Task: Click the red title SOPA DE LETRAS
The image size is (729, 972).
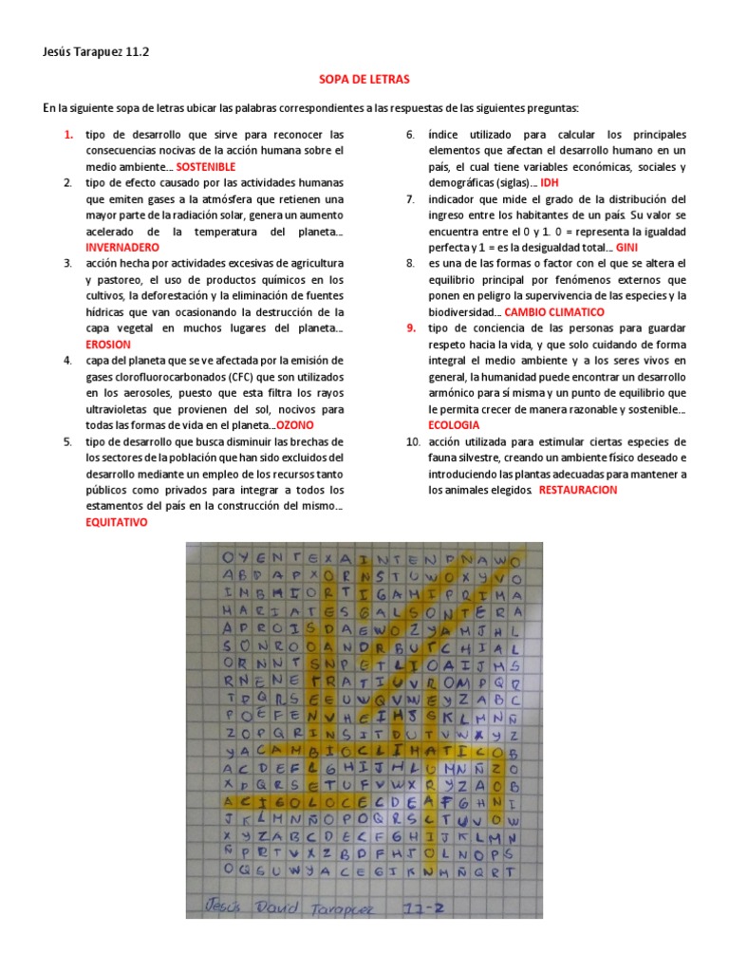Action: click(x=364, y=81)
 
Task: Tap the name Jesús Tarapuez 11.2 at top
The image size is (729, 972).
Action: click(x=95, y=54)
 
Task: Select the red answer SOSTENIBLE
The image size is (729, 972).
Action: click(x=207, y=166)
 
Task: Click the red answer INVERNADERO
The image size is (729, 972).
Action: click(x=122, y=247)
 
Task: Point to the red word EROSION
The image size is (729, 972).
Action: click(x=108, y=345)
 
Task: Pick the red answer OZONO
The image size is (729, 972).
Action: click(x=295, y=425)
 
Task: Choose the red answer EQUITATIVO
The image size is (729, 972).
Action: click(x=117, y=522)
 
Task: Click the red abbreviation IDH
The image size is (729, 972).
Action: click(x=550, y=182)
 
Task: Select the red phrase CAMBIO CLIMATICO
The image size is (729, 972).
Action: click(x=553, y=311)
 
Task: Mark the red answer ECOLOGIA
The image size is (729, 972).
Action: click(x=454, y=425)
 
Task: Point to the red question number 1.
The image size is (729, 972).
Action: click(x=68, y=135)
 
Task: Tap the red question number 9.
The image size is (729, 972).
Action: click(x=411, y=328)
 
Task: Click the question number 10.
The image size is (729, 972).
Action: click(x=411, y=441)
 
